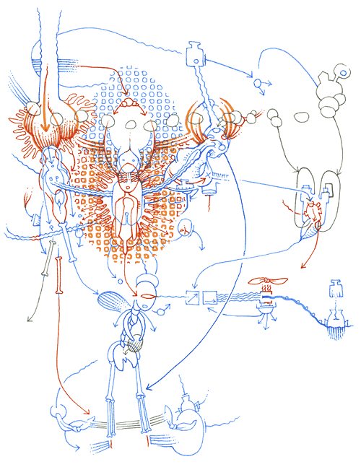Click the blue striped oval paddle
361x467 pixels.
[x=116, y=299]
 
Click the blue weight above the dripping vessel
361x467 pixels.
[x=334, y=289]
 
